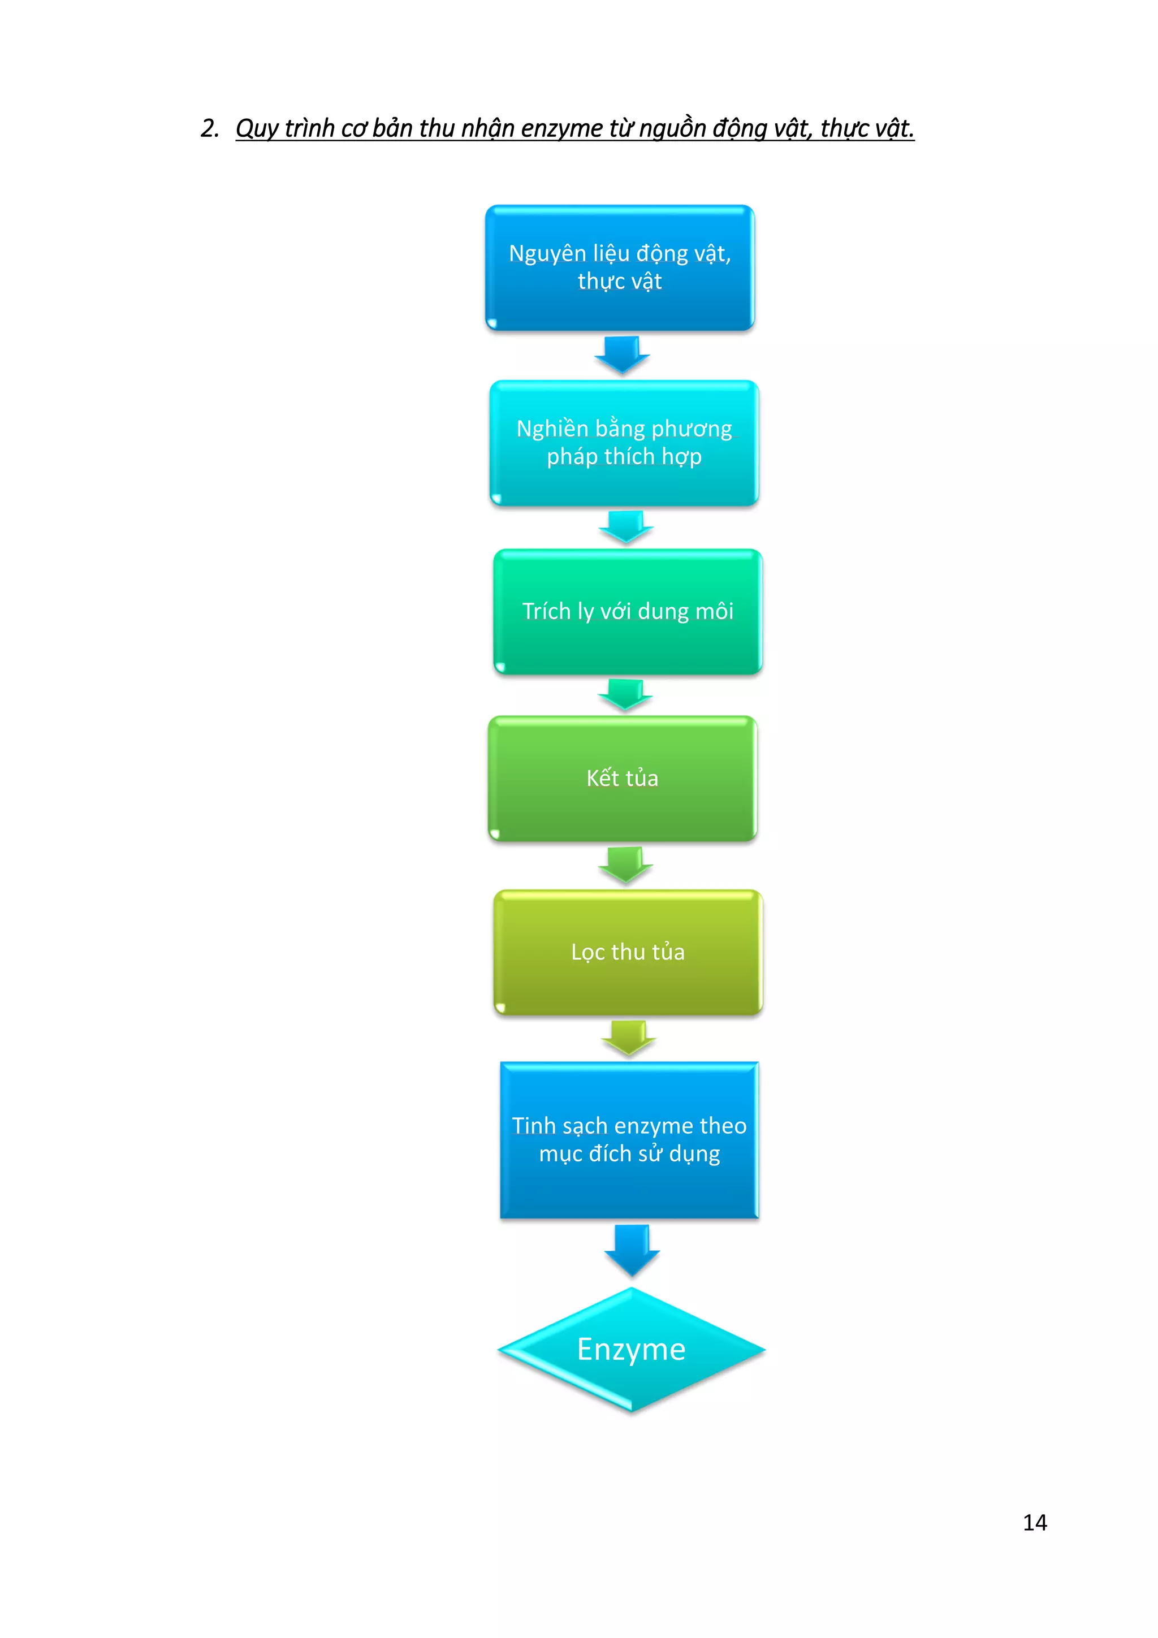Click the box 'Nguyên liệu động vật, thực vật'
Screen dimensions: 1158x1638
click(x=620, y=267)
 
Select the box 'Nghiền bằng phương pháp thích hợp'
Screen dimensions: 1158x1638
click(x=624, y=443)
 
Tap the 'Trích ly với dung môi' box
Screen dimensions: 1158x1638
click(x=628, y=611)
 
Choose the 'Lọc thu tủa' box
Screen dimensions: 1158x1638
click(x=628, y=952)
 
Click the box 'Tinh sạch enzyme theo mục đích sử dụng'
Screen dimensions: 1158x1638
click(x=629, y=1140)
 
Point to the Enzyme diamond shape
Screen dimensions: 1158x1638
click(x=632, y=1350)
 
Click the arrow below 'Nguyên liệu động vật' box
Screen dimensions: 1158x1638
click(x=622, y=355)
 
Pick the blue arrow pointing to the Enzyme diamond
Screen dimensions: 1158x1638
click(x=632, y=1251)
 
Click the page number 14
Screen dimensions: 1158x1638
click(x=1035, y=1523)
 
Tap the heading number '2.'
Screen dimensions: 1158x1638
click(x=210, y=128)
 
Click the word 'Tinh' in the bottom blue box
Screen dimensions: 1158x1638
click(x=534, y=1125)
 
